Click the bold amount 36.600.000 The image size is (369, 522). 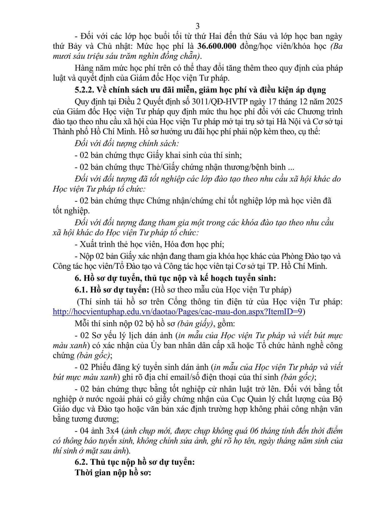pyautogui.click(x=219, y=47)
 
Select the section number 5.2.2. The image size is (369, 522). pyautogui.click(x=84, y=90)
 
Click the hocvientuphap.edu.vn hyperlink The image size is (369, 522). pyautogui.click(x=177, y=312)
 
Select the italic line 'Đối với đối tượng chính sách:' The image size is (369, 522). pyautogui.click(x=127, y=143)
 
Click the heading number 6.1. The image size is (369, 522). pyautogui.click(x=81, y=290)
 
